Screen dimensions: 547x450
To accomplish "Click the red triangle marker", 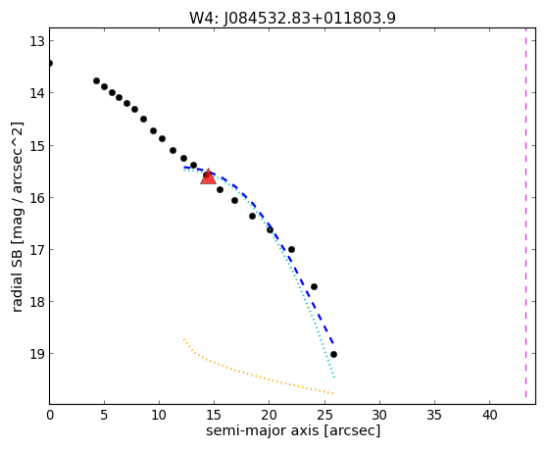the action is (x=208, y=176).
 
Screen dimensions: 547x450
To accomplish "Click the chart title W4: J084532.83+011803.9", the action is (x=292, y=18).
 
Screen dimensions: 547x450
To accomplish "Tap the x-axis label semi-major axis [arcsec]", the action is (x=293, y=430).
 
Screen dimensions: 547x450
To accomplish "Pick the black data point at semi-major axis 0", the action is (x=50, y=63).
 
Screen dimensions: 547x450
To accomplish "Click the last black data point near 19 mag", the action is (x=333, y=355).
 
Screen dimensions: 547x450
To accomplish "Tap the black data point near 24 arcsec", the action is (x=314, y=286).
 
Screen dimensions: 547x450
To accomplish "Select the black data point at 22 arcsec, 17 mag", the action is (x=292, y=249).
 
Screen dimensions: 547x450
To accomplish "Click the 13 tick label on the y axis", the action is (x=36, y=41).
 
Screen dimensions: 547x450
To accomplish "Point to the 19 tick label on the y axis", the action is (x=36, y=353).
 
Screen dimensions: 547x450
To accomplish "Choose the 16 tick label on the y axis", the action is (x=36, y=197).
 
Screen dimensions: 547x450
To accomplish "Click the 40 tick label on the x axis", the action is (x=489, y=415).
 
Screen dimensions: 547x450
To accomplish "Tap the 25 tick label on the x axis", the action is (x=324, y=415).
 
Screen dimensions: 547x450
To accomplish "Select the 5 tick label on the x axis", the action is (x=104, y=415).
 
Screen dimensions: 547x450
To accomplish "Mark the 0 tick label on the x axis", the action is (x=50, y=415).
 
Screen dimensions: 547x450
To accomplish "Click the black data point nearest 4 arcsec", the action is (x=97, y=81).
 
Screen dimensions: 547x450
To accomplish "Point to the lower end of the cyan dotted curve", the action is (x=334, y=377).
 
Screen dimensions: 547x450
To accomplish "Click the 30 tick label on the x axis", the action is (x=379, y=415).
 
